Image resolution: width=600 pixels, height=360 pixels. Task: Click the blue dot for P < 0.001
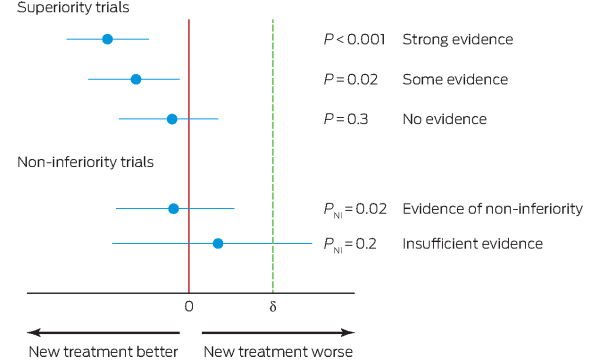(x=107, y=39)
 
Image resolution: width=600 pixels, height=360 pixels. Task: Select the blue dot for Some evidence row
(x=135, y=79)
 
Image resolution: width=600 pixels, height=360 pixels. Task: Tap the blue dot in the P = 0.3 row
(x=172, y=119)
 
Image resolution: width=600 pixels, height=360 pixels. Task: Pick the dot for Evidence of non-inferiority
(x=173, y=208)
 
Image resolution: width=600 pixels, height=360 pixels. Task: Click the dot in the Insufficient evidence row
(x=217, y=243)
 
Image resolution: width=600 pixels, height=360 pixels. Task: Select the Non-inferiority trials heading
(x=85, y=162)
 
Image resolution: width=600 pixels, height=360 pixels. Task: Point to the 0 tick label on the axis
(x=188, y=306)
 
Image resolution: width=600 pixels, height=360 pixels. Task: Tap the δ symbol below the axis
(x=272, y=306)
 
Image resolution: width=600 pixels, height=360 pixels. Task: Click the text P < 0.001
(x=354, y=39)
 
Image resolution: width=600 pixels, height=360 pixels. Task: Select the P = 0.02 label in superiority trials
(x=350, y=79)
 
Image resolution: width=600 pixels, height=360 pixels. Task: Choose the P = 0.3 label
(x=346, y=119)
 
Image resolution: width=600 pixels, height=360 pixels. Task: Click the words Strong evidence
(x=457, y=39)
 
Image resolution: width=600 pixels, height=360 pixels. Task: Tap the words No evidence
(x=444, y=119)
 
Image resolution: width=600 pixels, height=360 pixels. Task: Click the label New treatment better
(x=103, y=351)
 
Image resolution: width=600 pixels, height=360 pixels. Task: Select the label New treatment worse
(x=278, y=351)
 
